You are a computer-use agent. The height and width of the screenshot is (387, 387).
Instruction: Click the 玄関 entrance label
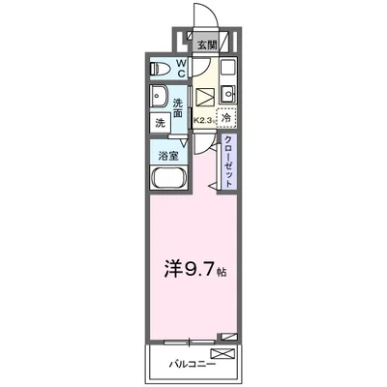point(207,45)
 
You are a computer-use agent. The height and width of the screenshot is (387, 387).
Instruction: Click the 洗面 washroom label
point(179,111)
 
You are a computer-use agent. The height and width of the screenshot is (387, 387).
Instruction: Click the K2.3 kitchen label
point(203,118)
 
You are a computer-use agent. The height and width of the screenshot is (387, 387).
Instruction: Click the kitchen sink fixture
point(225,93)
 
